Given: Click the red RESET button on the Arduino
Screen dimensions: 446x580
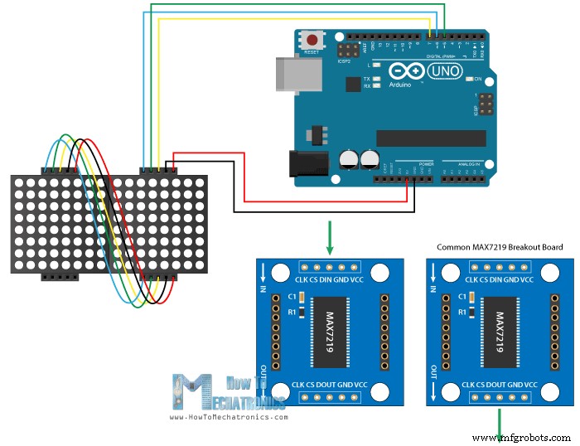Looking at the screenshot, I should [x=313, y=40].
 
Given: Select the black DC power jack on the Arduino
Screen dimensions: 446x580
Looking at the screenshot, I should [x=303, y=163].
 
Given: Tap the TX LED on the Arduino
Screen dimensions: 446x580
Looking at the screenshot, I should [x=377, y=79].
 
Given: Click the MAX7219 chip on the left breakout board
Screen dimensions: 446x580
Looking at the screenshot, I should [x=329, y=330].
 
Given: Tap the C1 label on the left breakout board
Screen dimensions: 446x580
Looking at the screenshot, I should [x=291, y=297].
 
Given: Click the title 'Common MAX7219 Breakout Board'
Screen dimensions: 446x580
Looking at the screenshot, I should [x=500, y=247].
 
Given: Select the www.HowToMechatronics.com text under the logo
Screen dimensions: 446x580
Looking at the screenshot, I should [x=229, y=417].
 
